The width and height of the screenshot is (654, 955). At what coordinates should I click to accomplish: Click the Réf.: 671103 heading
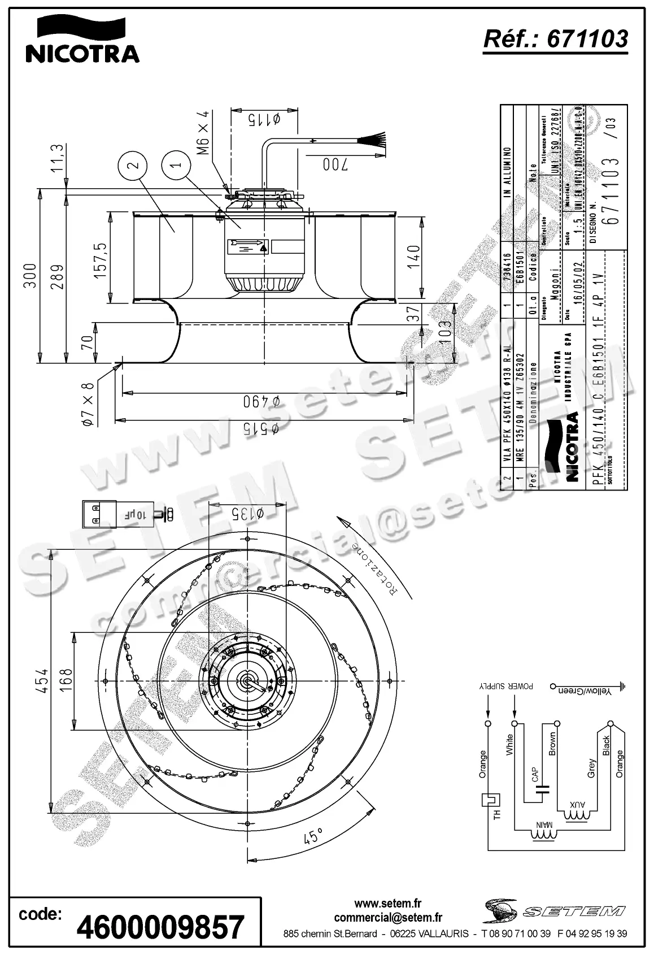555,38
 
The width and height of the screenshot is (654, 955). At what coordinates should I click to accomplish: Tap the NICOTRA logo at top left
82,40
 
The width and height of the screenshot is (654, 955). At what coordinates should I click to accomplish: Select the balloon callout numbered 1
175,165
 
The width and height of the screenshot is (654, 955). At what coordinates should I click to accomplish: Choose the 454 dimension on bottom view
43,680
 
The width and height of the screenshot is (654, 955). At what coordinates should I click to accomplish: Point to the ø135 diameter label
247,513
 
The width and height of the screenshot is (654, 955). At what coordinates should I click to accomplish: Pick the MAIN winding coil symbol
543,833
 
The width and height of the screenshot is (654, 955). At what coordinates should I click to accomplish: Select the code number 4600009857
160,927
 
